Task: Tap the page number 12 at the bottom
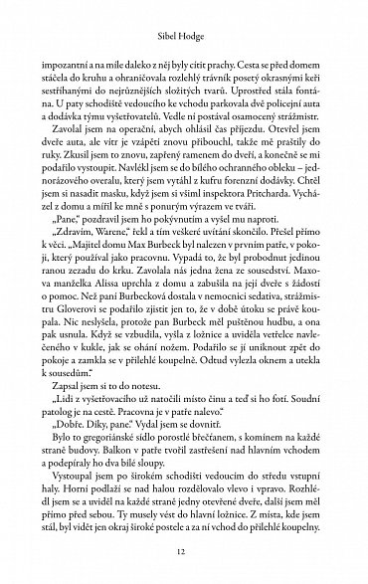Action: click(x=184, y=553)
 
